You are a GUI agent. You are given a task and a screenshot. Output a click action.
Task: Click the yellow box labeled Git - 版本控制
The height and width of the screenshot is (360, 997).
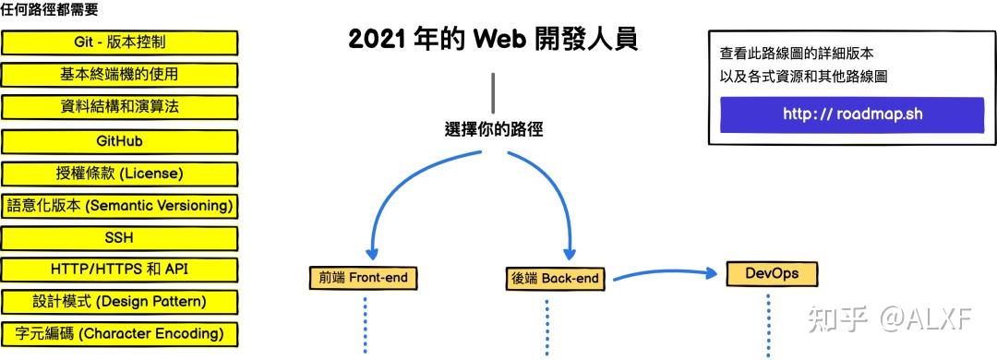[x=119, y=42]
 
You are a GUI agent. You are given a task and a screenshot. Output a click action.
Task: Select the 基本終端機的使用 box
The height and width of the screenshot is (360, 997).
[x=119, y=75]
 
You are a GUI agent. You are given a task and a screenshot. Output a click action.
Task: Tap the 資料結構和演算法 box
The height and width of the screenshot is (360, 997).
[x=119, y=107]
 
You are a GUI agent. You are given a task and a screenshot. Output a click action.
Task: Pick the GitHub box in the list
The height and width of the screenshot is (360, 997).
[x=119, y=141]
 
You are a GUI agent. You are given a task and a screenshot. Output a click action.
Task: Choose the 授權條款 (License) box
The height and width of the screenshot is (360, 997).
[x=119, y=174]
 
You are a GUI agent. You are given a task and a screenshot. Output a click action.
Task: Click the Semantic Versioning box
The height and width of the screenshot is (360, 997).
[x=119, y=206]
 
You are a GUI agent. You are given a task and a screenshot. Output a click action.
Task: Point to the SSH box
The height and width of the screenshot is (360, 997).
[x=119, y=238]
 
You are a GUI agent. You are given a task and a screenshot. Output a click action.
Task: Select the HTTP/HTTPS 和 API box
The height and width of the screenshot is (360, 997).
[x=119, y=270]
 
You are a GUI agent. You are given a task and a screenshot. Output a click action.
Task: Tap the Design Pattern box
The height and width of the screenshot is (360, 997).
[x=119, y=302]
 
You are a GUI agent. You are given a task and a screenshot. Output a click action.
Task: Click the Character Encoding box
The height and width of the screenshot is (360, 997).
[x=119, y=333]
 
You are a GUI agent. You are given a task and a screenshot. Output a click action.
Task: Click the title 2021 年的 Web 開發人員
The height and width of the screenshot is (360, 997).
[x=493, y=40]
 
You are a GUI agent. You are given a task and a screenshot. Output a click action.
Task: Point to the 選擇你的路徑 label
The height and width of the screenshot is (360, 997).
[x=493, y=129]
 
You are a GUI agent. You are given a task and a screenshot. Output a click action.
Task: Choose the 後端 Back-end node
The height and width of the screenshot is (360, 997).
[x=554, y=278]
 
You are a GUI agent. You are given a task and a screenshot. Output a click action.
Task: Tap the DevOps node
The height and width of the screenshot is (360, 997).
[x=772, y=274]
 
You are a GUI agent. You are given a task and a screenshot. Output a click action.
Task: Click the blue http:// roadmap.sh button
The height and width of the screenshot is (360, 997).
[x=852, y=114]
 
